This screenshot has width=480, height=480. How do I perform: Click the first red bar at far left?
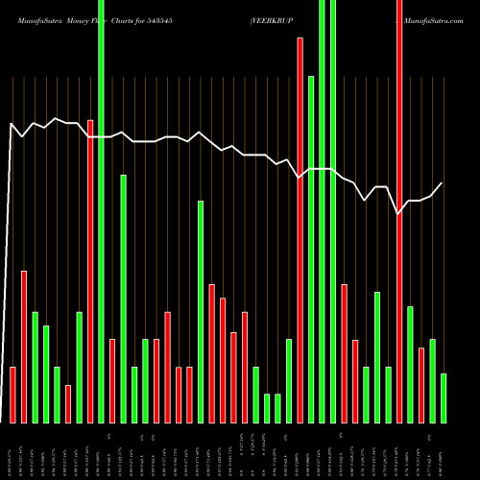(12, 395)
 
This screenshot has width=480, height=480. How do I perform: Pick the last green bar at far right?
(444, 398)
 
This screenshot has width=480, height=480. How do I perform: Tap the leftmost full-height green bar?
(101, 211)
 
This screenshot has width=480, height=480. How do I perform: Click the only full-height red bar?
(399, 211)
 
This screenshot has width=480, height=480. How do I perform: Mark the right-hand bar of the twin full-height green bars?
(333, 211)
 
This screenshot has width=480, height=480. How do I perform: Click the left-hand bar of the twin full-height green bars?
(323, 211)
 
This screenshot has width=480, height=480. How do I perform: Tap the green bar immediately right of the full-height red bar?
(410, 365)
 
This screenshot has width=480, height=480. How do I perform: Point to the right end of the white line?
(443, 182)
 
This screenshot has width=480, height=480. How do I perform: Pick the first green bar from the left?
(35, 367)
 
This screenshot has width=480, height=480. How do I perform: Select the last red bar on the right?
(421, 385)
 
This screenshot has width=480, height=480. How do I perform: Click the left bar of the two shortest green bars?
(267, 408)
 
